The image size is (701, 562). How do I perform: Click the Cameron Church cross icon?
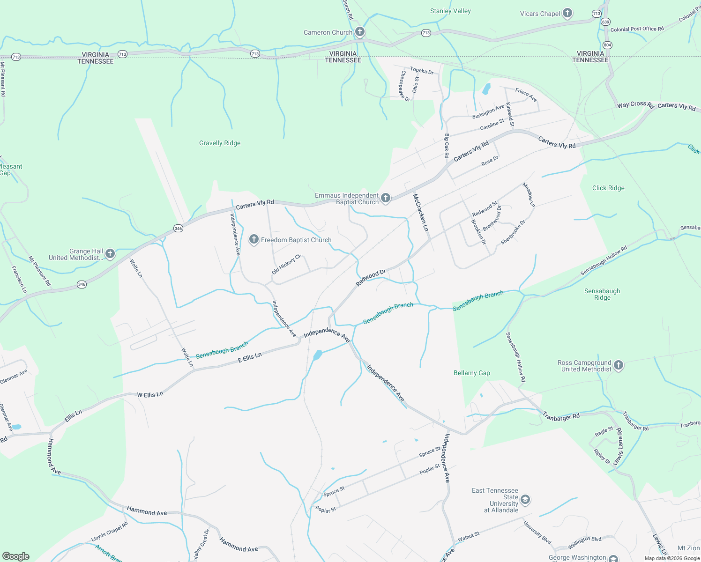(360, 32)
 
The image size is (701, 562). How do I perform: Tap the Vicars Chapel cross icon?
(567, 13)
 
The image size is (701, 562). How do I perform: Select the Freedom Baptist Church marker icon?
(254, 240)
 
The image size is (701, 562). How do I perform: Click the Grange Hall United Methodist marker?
(110, 254)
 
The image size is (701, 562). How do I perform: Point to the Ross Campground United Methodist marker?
(619, 365)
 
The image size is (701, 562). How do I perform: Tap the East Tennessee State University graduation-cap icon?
(525, 500)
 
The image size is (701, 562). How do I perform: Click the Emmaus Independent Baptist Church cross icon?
(386, 199)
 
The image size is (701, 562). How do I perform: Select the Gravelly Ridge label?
(220, 143)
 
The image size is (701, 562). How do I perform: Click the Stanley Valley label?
(450, 11)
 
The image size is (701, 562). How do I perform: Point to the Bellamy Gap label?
(472, 373)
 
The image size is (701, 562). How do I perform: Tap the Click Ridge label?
(608, 188)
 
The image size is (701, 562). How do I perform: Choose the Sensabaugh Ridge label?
(602, 294)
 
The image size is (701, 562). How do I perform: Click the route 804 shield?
(608, 45)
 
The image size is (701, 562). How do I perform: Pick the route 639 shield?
(606, 22)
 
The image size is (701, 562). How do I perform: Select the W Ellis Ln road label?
(150, 395)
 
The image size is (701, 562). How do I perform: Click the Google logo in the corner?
(16, 556)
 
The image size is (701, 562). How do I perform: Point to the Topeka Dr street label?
(422, 71)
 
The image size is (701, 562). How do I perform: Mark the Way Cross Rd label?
(635, 105)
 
